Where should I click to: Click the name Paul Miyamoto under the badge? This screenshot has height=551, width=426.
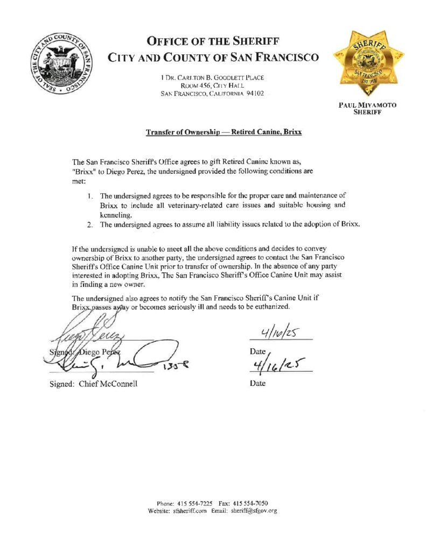point(367,105)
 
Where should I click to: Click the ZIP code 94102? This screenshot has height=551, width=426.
point(252,94)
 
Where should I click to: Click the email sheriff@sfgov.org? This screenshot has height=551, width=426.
point(254,511)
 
